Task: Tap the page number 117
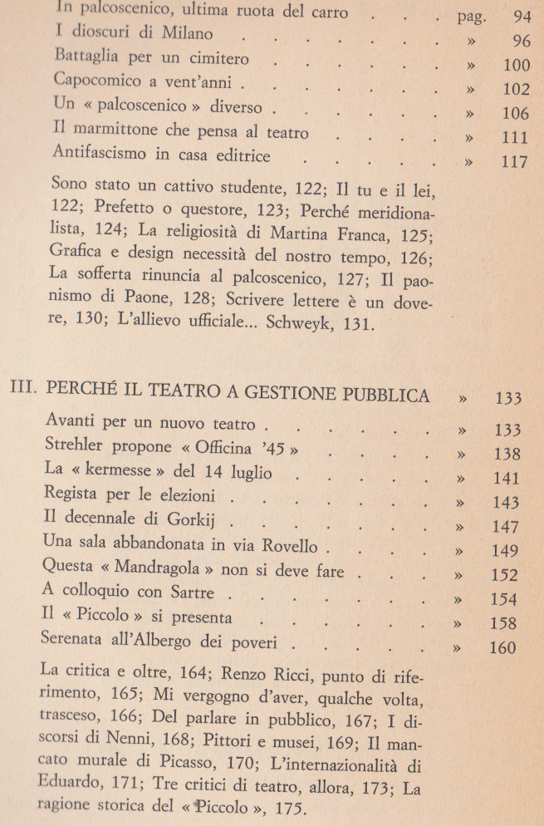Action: coord(515,162)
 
